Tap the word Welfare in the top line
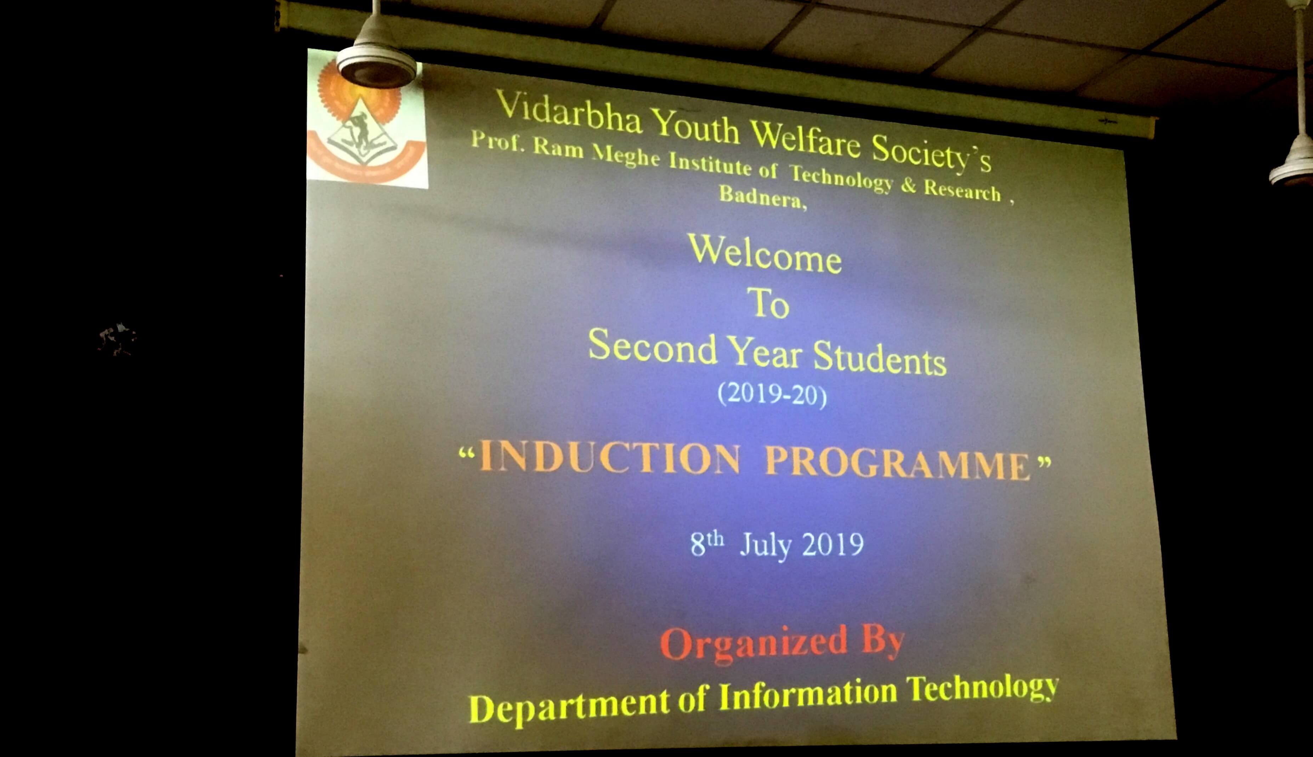click(x=805, y=139)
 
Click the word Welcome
click(x=765, y=254)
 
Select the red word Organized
click(x=754, y=644)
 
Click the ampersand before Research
click(x=908, y=185)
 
